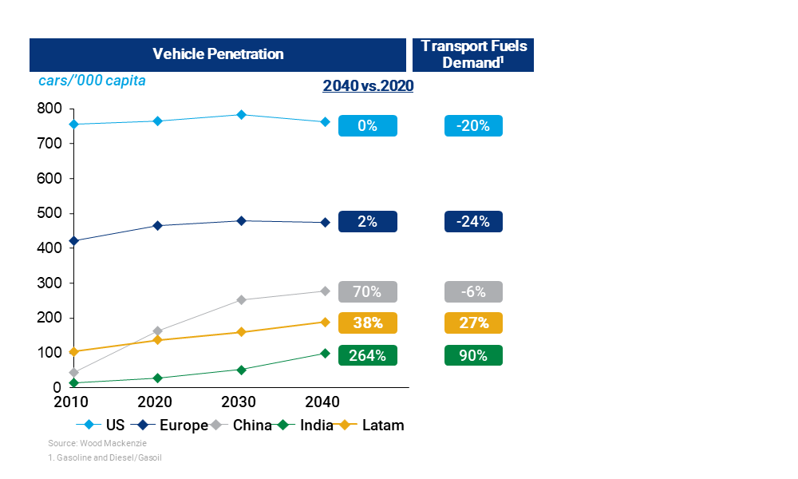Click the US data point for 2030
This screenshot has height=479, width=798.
coord(241,114)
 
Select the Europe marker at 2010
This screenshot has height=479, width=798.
coord(74,240)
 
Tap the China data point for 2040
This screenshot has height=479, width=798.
coord(325,291)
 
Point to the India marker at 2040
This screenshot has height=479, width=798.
coord(325,353)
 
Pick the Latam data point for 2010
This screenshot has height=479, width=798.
coord(74,351)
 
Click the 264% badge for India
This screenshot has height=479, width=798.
coord(367,355)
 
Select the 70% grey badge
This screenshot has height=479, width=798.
coord(367,291)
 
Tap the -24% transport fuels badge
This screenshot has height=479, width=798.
coord(473,221)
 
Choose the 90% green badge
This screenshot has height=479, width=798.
coord(473,355)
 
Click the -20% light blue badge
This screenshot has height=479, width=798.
coord(473,125)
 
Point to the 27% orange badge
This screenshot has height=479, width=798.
coord(473,323)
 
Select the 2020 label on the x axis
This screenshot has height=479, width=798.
coord(157,402)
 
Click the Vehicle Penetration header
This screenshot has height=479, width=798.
coord(218,54)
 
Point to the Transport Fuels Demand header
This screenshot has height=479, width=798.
coord(473,54)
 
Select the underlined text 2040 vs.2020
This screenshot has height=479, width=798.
coord(368,86)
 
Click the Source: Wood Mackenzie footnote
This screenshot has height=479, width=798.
coord(85,442)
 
